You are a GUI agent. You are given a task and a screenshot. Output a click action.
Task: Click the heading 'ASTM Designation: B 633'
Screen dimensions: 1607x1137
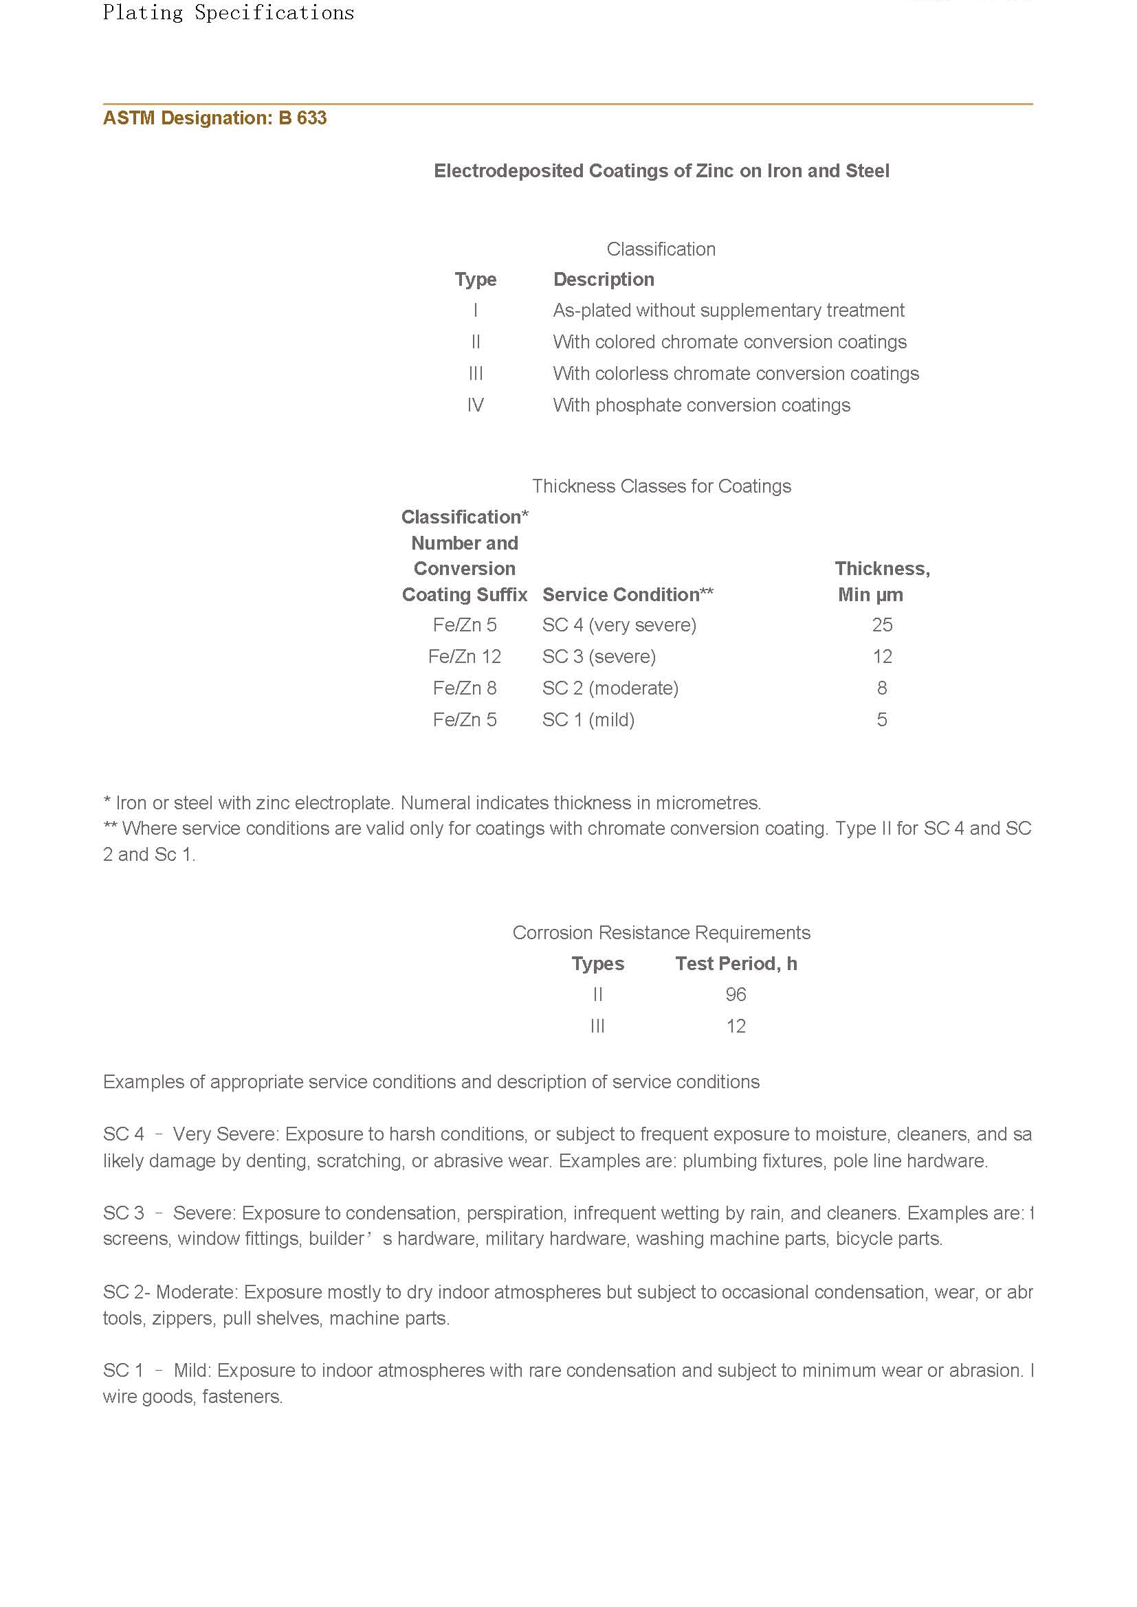tap(214, 117)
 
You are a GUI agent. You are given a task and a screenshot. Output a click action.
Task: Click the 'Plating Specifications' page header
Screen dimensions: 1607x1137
tap(228, 12)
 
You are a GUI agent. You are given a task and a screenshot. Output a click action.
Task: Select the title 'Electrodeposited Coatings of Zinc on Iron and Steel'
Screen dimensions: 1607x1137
tap(661, 171)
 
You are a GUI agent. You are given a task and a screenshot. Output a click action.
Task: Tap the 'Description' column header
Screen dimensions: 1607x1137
tap(604, 279)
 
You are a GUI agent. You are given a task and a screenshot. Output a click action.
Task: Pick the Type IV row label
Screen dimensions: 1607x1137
tap(476, 405)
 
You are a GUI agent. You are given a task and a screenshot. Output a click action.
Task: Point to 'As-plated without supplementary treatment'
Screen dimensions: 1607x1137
tap(728, 310)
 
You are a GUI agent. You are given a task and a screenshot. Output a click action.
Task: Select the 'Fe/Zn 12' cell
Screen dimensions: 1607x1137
tap(464, 657)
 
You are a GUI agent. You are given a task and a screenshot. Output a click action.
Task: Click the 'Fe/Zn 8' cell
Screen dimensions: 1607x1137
tap(464, 688)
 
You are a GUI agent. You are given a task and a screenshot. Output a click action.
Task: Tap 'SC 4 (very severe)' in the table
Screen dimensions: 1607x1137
tap(619, 625)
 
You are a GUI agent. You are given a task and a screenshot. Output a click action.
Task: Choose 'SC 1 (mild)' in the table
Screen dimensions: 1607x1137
tap(588, 719)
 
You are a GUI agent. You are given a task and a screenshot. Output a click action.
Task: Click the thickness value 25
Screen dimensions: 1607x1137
tap(881, 625)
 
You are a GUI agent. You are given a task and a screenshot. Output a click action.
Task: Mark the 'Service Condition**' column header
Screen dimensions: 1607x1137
tap(628, 594)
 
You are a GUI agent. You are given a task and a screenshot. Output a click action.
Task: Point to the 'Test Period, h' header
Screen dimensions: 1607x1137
tap(736, 964)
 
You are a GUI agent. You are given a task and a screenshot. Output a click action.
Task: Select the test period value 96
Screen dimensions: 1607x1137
tap(736, 995)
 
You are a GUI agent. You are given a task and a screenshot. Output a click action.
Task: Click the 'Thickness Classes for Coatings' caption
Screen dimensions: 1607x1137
tap(661, 486)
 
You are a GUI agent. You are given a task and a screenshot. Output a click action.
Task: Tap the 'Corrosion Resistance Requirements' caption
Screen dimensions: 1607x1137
tap(661, 932)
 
